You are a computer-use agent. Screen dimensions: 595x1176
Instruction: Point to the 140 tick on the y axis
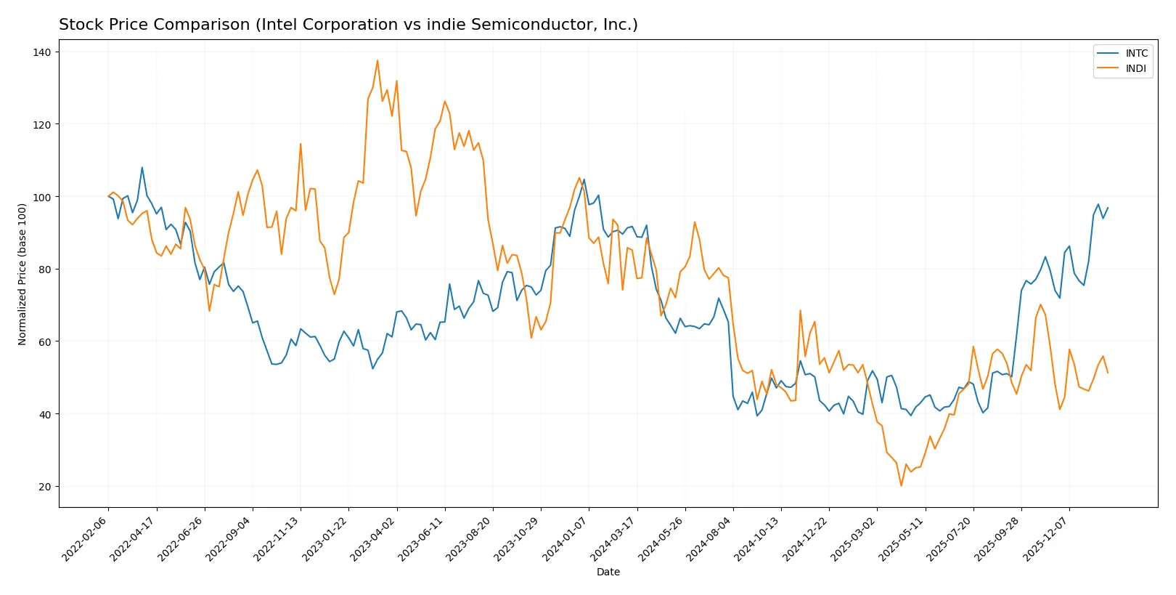42,52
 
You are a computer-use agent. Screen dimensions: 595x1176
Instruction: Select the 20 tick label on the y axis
45,487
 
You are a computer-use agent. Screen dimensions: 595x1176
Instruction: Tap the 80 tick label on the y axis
45,270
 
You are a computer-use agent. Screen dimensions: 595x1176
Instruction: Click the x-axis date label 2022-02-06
86,538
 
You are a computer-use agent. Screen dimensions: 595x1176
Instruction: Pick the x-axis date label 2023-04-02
374,538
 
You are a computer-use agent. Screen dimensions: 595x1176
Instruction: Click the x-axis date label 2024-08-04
710,538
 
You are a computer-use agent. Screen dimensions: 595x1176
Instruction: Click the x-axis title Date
608,572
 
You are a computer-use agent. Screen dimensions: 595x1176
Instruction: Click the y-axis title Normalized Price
23,274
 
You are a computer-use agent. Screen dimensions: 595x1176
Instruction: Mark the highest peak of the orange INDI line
377,60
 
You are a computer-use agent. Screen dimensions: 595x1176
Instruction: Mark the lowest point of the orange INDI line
901,486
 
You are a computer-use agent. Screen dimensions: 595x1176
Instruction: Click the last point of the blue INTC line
1108,208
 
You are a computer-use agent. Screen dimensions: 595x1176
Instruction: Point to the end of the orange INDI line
1108,373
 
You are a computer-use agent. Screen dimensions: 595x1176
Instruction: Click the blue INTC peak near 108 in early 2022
142,168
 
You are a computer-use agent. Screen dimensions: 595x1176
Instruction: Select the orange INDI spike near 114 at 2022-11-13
301,144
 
